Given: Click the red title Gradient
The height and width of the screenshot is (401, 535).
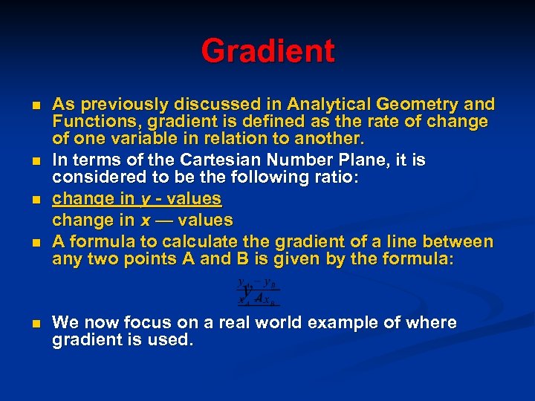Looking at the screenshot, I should [x=267, y=51].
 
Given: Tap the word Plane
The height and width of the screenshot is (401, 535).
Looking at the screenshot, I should [x=355, y=160].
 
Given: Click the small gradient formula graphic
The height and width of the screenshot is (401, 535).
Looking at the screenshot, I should [x=258, y=293].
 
